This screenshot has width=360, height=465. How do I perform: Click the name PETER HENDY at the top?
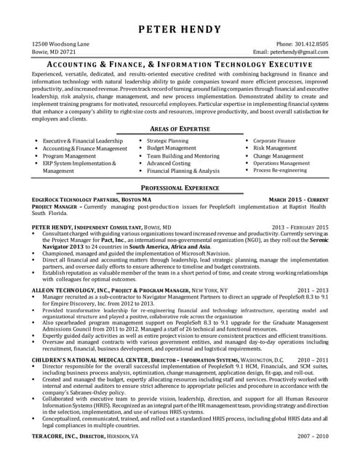pos(180,30)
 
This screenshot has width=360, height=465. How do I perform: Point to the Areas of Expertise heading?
pos(180,128)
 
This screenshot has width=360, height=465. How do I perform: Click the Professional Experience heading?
pos(180,187)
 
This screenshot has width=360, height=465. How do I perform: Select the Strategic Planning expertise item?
pos(168,140)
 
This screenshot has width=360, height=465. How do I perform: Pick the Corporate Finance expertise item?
pos(274,140)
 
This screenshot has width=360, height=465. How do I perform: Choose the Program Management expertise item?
pos(69,156)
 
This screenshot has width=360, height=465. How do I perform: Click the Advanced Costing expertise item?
pos(169,163)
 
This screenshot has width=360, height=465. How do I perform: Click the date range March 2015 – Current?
pos(298,199)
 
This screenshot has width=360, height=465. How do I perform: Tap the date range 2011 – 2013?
pos(313,289)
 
